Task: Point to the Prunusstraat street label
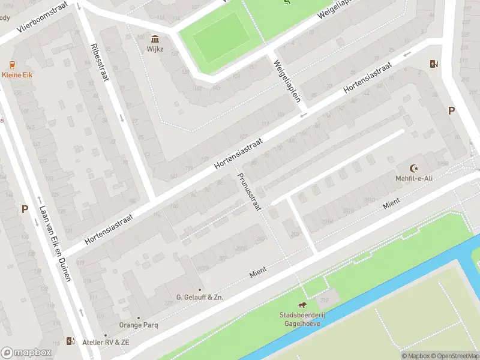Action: pyautogui.click(x=250, y=191)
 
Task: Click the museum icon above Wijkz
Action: pyautogui.click(x=155, y=38)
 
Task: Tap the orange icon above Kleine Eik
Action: pyautogui.click(x=12, y=65)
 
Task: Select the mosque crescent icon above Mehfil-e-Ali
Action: pyautogui.click(x=412, y=169)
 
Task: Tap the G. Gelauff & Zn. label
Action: pyautogui.click(x=200, y=297)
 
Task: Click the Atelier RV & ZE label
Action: pyautogui.click(x=106, y=342)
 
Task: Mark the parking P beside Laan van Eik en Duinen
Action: pyautogui.click(x=25, y=209)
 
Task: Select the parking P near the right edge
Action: pyautogui.click(x=451, y=110)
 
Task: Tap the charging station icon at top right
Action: pyautogui.click(x=433, y=64)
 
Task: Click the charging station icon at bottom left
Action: pyautogui.click(x=71, y=342)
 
